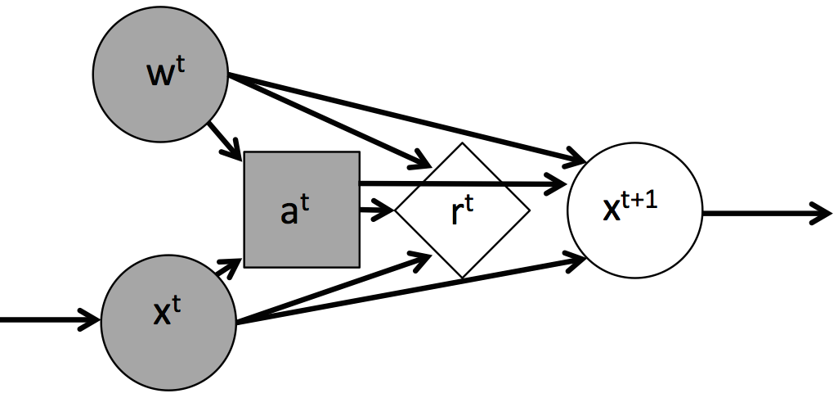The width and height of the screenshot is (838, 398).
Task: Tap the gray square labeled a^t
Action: (x=302, y=210)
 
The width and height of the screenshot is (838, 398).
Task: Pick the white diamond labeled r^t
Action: (x=463, y=210)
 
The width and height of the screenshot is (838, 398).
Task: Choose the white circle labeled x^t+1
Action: (x=634, y=210)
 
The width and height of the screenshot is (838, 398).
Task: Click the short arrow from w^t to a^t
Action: (x=223, y=139)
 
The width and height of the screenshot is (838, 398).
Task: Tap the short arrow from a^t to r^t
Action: (x=377, y=210)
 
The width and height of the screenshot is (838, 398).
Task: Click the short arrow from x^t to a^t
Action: (x=225, y=269)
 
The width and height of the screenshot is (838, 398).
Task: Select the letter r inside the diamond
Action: (x=459, y=215)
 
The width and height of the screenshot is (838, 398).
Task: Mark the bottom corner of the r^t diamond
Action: (x=463, y=276)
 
